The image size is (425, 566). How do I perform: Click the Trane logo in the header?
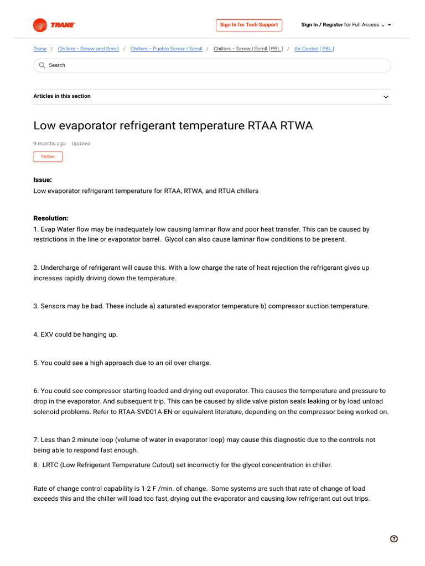54,25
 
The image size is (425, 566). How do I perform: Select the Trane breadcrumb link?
40,49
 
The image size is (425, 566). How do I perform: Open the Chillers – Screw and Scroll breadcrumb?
88,49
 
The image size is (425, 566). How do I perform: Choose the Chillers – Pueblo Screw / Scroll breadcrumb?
166,49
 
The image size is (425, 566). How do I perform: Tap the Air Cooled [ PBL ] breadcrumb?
314,49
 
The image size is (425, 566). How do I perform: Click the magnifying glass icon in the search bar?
42,65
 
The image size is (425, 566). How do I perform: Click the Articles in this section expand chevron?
386,97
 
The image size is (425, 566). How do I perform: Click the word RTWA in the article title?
295,125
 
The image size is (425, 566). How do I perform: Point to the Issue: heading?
43,180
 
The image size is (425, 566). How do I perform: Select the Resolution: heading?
51,218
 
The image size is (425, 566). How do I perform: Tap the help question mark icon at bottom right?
393,539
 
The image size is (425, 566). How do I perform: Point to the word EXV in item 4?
48,334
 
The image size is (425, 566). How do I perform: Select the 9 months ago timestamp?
49,144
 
